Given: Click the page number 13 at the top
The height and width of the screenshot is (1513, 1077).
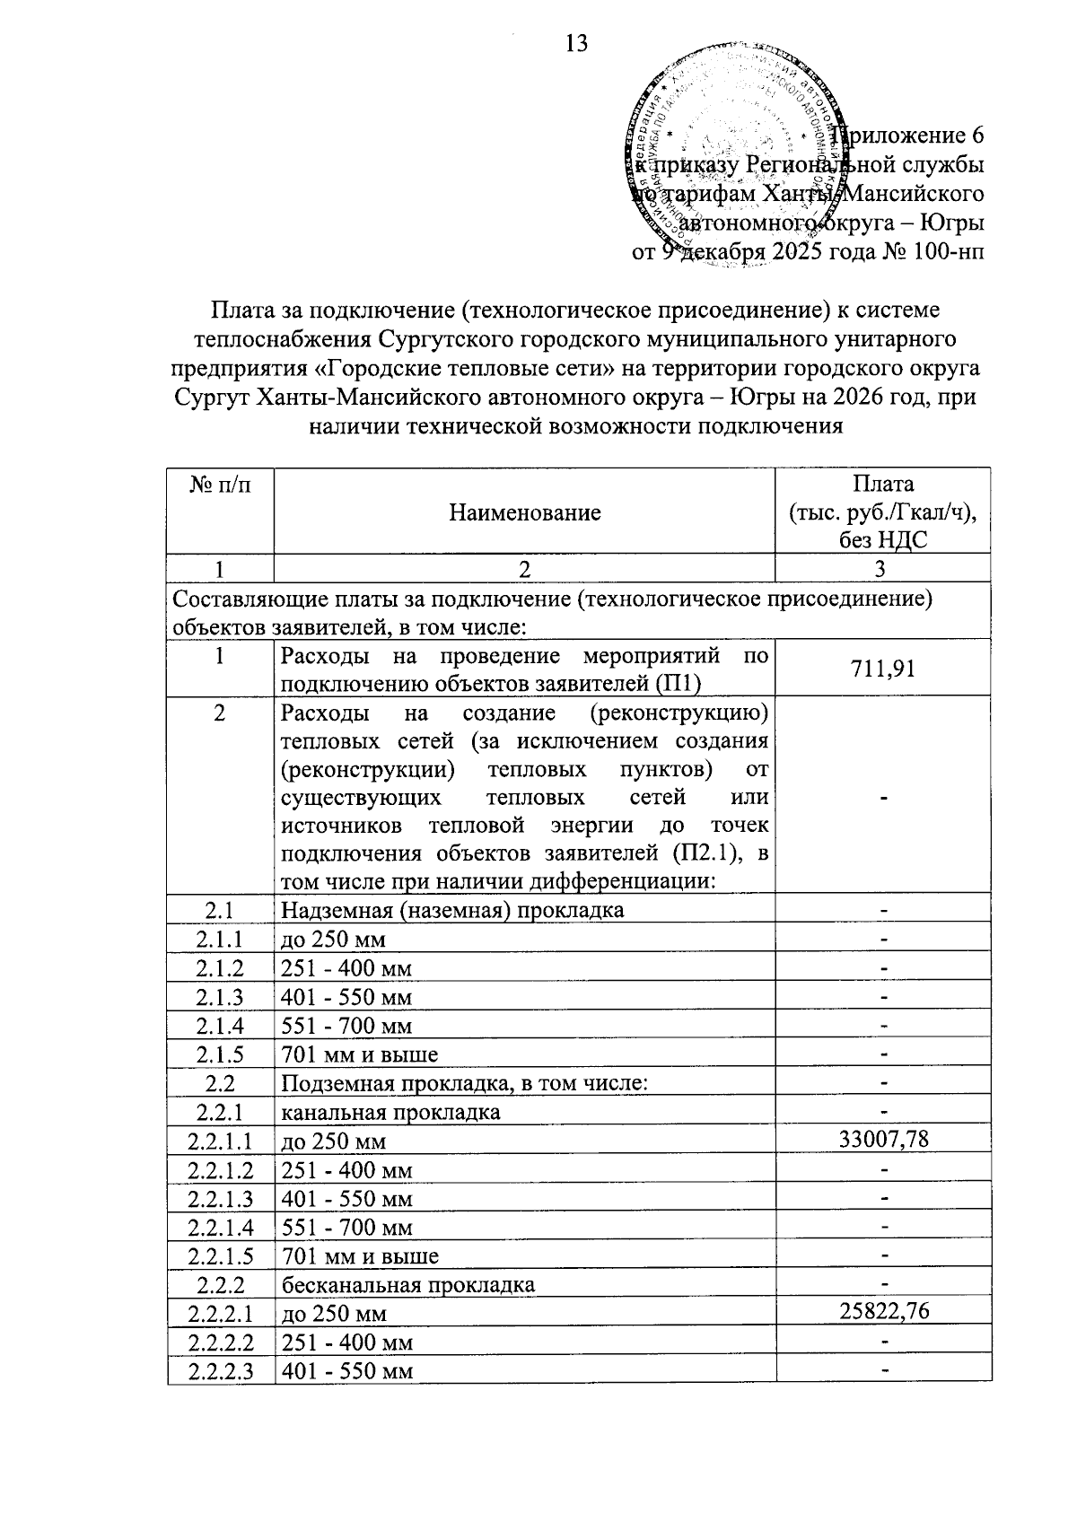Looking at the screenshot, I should point(577,42).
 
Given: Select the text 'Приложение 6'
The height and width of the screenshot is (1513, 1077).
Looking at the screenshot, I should point(908,136).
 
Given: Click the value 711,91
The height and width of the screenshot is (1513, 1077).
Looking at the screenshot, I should point(883,668).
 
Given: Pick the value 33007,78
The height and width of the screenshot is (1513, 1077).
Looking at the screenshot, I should point(883,1140).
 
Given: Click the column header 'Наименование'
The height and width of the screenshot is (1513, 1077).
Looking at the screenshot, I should point(524,512).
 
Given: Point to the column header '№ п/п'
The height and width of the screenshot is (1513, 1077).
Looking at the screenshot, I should point(220,485).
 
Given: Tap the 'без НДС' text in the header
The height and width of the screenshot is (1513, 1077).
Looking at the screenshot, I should point(883,539).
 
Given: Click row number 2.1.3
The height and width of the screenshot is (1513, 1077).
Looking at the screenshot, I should point(220,997).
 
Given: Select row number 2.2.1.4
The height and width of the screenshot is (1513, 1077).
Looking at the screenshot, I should point(220,1227).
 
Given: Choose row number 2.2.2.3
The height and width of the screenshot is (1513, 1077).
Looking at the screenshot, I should point(220,1370).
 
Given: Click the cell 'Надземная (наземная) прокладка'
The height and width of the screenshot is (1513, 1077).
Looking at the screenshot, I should point(452,910).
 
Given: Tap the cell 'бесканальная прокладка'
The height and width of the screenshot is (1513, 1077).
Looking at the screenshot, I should point(408,1284).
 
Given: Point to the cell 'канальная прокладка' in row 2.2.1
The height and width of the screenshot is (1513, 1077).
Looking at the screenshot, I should point(390,1112).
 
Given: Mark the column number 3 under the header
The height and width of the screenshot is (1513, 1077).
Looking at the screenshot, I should point(881,568).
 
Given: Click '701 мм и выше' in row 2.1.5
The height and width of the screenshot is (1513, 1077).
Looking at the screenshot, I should point(360,1054).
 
